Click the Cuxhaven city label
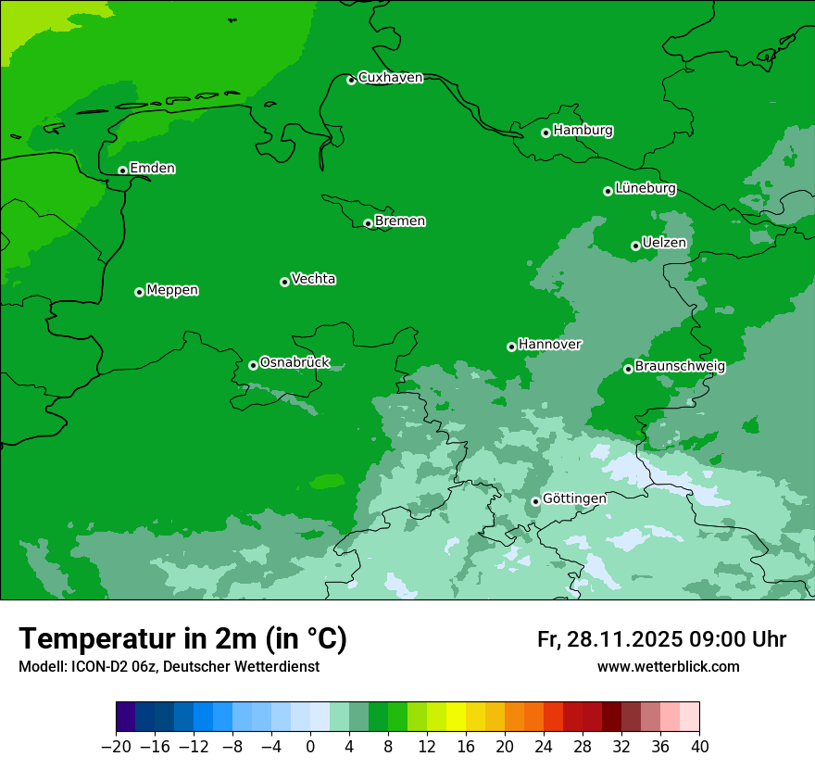390,78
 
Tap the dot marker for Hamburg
546,132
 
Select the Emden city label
152,169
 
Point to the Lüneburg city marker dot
608,191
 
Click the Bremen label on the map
400,221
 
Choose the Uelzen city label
664,244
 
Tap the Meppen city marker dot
139,292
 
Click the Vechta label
313,279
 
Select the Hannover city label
549,345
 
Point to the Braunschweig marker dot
628,369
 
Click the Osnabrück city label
295,363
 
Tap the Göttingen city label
574,498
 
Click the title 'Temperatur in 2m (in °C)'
182,639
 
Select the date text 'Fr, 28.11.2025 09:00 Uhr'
661,639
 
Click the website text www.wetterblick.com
668,667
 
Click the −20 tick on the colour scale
116,747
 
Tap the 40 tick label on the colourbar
699,747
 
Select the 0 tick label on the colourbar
310,747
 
